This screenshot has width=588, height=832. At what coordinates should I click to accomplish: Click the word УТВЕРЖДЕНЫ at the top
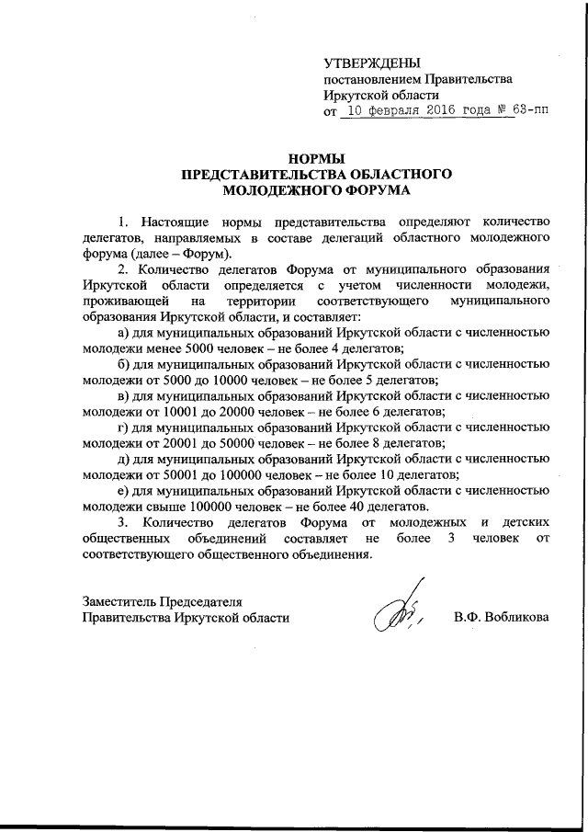point(372,63)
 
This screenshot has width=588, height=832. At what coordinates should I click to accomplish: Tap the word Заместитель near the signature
point(122,600)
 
